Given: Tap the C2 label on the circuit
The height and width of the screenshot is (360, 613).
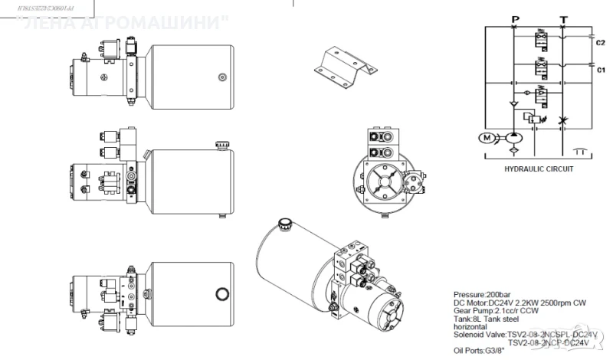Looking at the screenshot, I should click(x=601, y=43).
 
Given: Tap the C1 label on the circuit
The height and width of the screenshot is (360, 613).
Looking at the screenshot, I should click(x=601, y=70).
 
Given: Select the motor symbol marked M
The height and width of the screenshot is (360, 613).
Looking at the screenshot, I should click(x=487, y=138).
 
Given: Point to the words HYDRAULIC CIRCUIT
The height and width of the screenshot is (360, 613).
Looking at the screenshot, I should click(x=538, y=169).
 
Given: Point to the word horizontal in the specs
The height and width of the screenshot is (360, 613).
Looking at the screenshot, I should click(x=474, y=327).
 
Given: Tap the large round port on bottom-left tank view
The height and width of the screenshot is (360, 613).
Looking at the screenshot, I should click(x=223, y=293).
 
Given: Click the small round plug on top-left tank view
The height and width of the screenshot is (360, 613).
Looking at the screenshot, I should click(x=222, y=75).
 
